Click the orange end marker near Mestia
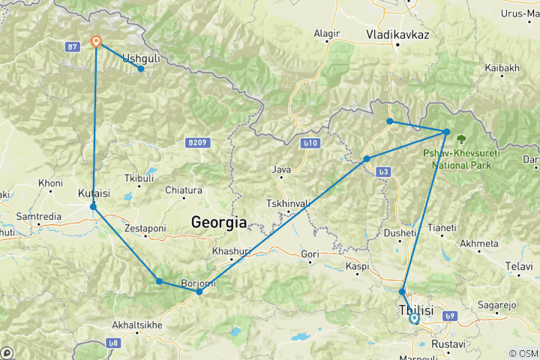pyautogui.click(x=96, y=42)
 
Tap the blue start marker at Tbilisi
pyautogui.click(x=413, y=318)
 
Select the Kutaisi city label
pyautogui.click(x=92, y=193)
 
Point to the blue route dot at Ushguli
pyautogui.click(x=141, y=68)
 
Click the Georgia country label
pyautogui.click(x=219, y=222)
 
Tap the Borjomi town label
pyautogui.click(x=197, y=283)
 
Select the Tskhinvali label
pyautogui.click(x=288, y=204)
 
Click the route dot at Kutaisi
pyautogui.click(x=93, y=206)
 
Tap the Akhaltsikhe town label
pyautogui.click(x=136, y=325)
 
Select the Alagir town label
pyautogui.click(x=326, y=34)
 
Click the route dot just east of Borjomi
pyautogui.click(x=199, y=292)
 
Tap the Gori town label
pyautogui.click(x=310, y=255)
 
